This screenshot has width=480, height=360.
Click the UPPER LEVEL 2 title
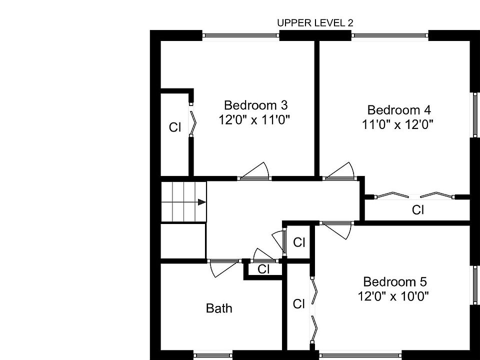[315, 23]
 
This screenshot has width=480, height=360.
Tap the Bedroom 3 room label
[256, 105]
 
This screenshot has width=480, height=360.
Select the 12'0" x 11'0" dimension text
[254, 120]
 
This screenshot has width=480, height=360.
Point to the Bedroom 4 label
[399, 110]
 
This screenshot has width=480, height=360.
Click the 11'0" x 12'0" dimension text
[397, 124]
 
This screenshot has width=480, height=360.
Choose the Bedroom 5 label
[395, 281]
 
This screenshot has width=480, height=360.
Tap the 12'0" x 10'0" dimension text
[393, 296]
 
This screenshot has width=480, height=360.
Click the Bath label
[219, 308]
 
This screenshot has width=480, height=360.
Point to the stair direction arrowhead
[201, 202]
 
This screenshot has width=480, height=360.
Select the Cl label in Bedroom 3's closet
[175, 127]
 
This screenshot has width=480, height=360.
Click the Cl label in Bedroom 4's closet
[418, 210]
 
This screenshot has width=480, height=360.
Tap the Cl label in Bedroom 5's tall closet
[299, 304]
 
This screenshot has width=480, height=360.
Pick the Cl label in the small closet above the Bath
[263, 269]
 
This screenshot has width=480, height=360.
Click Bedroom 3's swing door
[254, 172]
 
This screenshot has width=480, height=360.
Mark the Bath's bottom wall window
[213, 355]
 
